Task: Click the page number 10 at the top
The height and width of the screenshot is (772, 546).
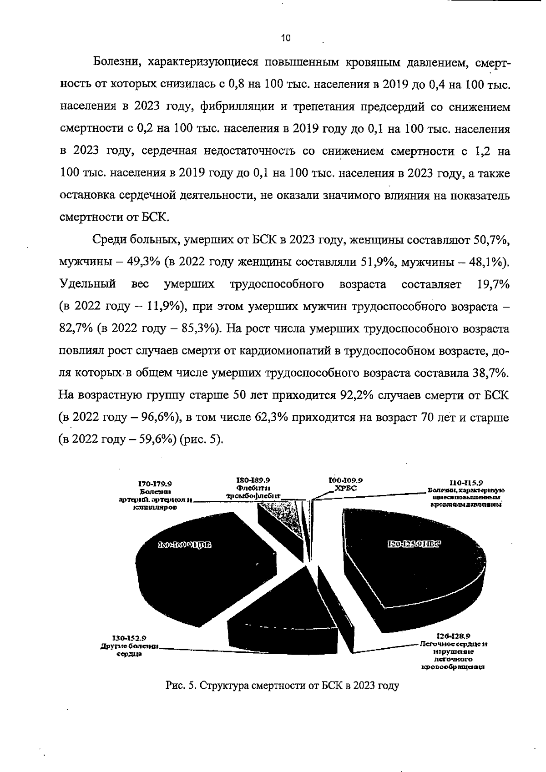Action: [286, 39]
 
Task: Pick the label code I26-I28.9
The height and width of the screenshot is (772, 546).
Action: [453, 636]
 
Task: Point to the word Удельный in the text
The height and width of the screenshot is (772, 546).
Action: [88, 285]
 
